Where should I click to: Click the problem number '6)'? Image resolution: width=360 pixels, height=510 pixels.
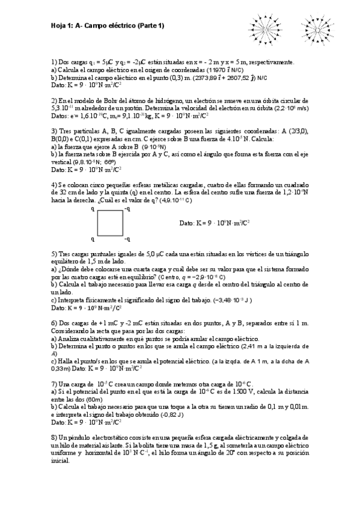coord(54,324)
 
